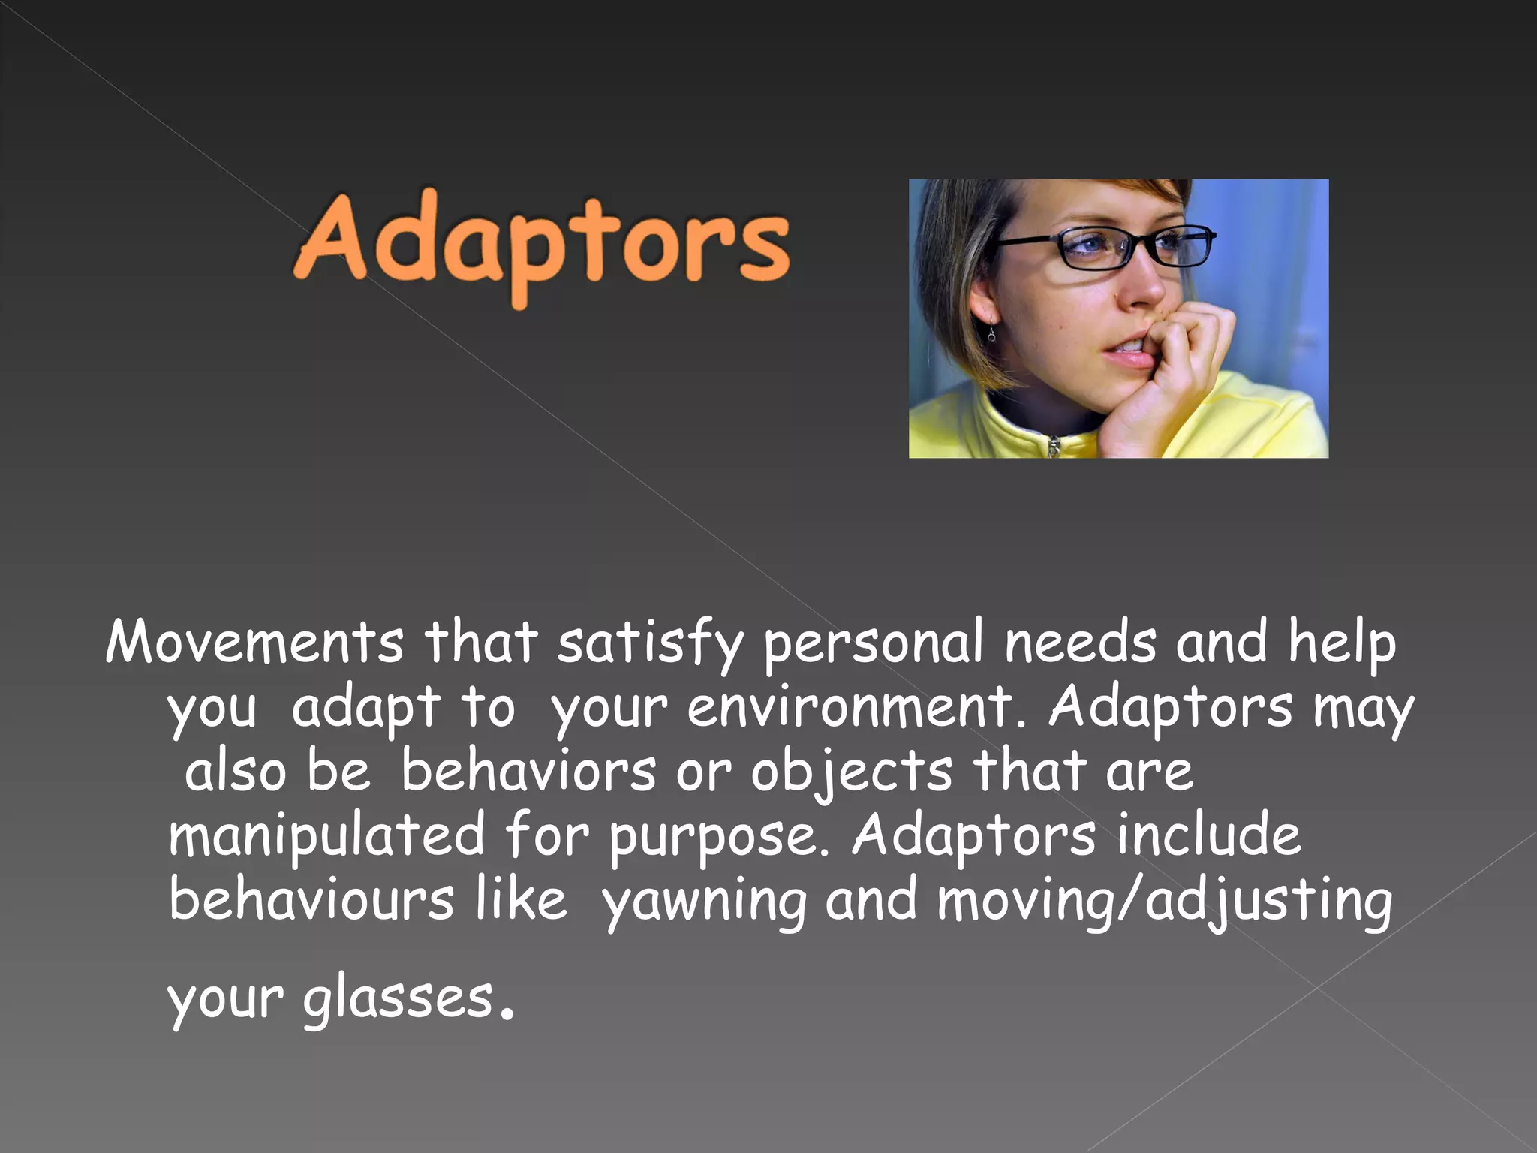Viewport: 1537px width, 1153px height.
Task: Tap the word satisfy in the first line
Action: (650, 644)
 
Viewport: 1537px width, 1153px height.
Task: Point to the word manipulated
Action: (326, 836)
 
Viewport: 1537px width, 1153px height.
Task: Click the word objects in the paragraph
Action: (852, 772)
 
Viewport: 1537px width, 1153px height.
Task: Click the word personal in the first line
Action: (874, 644)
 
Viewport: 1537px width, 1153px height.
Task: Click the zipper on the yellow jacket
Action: (1054, 447)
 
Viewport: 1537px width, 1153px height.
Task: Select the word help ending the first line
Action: (1341, 644)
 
